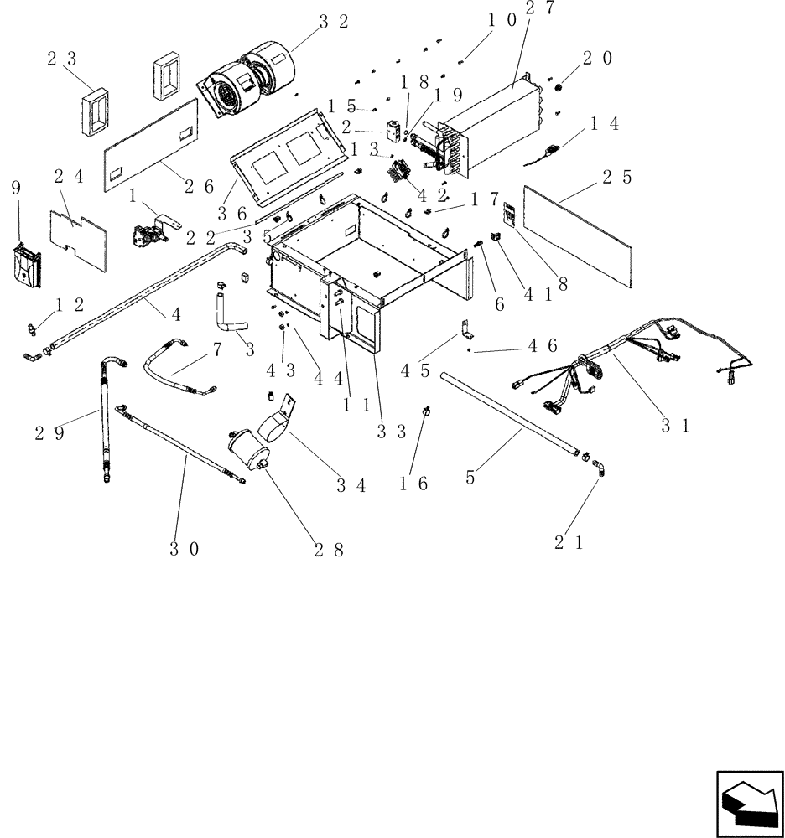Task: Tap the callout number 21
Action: click(x=568, y=542)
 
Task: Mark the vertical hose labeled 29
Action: click(x=106, y=419)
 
